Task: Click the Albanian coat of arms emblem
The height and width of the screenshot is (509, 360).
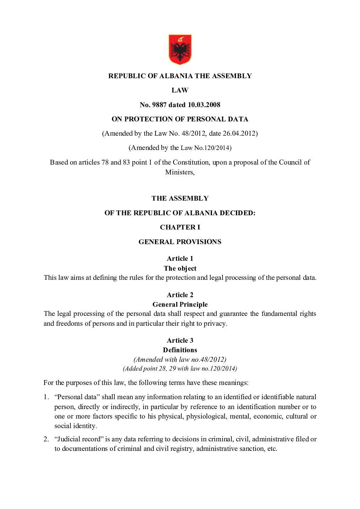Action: click(x=180, y=49)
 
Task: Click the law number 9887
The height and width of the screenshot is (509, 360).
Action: click(x=159, y=105)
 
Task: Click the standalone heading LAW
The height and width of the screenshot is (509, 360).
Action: click(x=180, y=90)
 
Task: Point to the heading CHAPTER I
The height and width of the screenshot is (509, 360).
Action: click(x=180, y=227)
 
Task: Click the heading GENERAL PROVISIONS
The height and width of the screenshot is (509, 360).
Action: click(x=180, y=242)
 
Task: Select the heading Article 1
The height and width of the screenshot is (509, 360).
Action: click(x=180, y=258)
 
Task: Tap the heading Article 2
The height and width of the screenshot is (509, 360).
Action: click(x=180, y=295)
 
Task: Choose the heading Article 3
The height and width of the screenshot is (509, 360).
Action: click(x=180, y=340)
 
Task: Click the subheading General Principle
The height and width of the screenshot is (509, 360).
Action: click(x=180, y=304)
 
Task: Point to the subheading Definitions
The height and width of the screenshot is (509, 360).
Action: click(x=180, y=350)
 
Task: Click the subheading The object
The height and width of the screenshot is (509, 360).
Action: click(x=180, y=268)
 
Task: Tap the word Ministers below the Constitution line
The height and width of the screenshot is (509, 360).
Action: click(x=179, y=172)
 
